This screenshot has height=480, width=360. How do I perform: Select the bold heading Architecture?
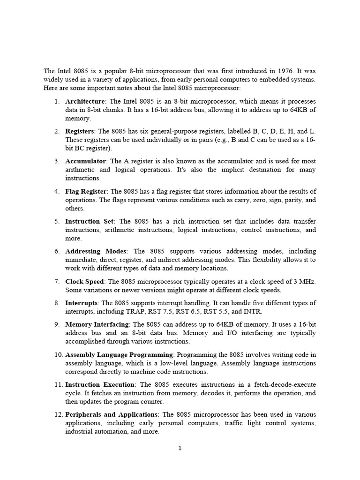(x=85, y=101)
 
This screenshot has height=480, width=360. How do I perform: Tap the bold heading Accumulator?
(x=86, y=161)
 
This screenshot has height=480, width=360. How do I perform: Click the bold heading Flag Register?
(x=87, y=191)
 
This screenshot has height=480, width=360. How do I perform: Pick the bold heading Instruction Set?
(x=89, y=221)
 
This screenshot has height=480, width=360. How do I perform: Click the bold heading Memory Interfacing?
(x=97, y=324)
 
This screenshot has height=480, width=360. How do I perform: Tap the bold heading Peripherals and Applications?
(x=111, y=414)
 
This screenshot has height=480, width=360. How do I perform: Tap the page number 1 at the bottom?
(x=180, y=448)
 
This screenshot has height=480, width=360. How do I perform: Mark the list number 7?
(x=56, y=281)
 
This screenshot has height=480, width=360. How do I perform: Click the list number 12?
(x=54, y=414)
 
